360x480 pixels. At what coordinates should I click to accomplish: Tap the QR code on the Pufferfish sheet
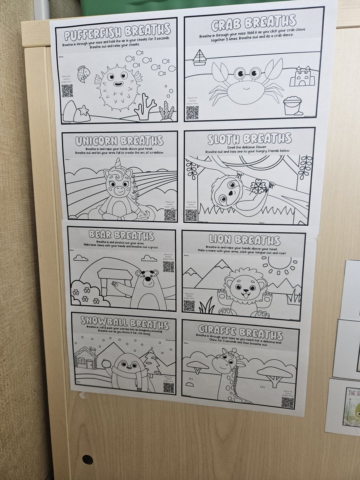click(x=67, y=91)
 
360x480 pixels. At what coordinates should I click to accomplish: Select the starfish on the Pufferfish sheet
click(x=83, y=110)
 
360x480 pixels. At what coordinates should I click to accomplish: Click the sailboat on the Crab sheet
click(x=199, y=58)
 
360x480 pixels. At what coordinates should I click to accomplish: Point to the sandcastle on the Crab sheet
click(x=302, y=77)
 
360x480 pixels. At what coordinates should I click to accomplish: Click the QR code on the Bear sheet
click(x=168, y=266)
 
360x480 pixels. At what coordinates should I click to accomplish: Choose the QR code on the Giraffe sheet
click(x=287, y=402)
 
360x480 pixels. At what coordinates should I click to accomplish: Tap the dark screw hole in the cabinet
click(x=87, y=460)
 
